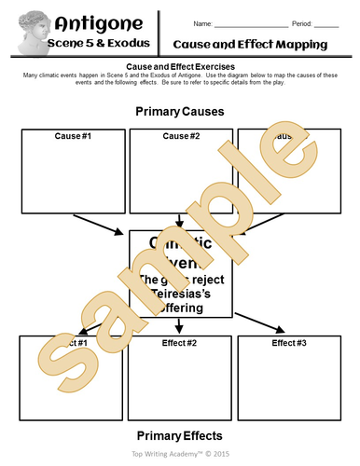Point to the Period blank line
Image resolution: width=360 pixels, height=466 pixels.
coord(326,23)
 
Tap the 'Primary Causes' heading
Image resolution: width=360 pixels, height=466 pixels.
coord(180,112)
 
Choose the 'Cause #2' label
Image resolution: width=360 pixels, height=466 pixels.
coord(181,136)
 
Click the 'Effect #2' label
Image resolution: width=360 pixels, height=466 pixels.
coord(181,343)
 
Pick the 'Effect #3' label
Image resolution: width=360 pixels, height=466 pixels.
coord(290,343)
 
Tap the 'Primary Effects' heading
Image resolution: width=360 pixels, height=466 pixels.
coord(180,435)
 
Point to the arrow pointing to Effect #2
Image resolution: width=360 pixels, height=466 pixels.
coord(181,324)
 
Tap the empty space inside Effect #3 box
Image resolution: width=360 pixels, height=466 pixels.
coord(290,382)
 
